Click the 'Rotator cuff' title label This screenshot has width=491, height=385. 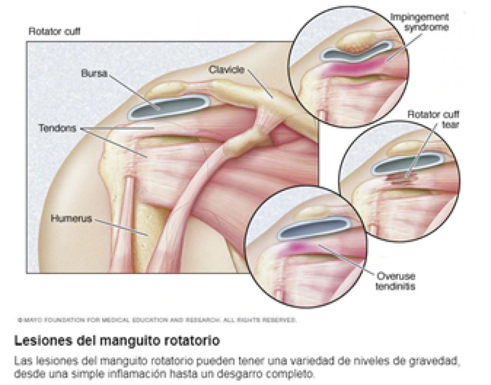[x=54, y=32]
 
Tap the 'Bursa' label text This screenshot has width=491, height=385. [x=91, y=73]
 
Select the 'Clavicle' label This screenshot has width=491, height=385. [x=226, y=70]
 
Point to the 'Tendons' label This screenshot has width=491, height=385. [x=58, y=129]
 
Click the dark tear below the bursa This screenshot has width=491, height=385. [x=402, y=176]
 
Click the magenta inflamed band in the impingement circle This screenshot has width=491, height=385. [x=360, y=68]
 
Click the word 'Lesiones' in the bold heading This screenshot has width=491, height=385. [x=39, y=341]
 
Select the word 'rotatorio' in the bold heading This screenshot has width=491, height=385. [x=192, y=341]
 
